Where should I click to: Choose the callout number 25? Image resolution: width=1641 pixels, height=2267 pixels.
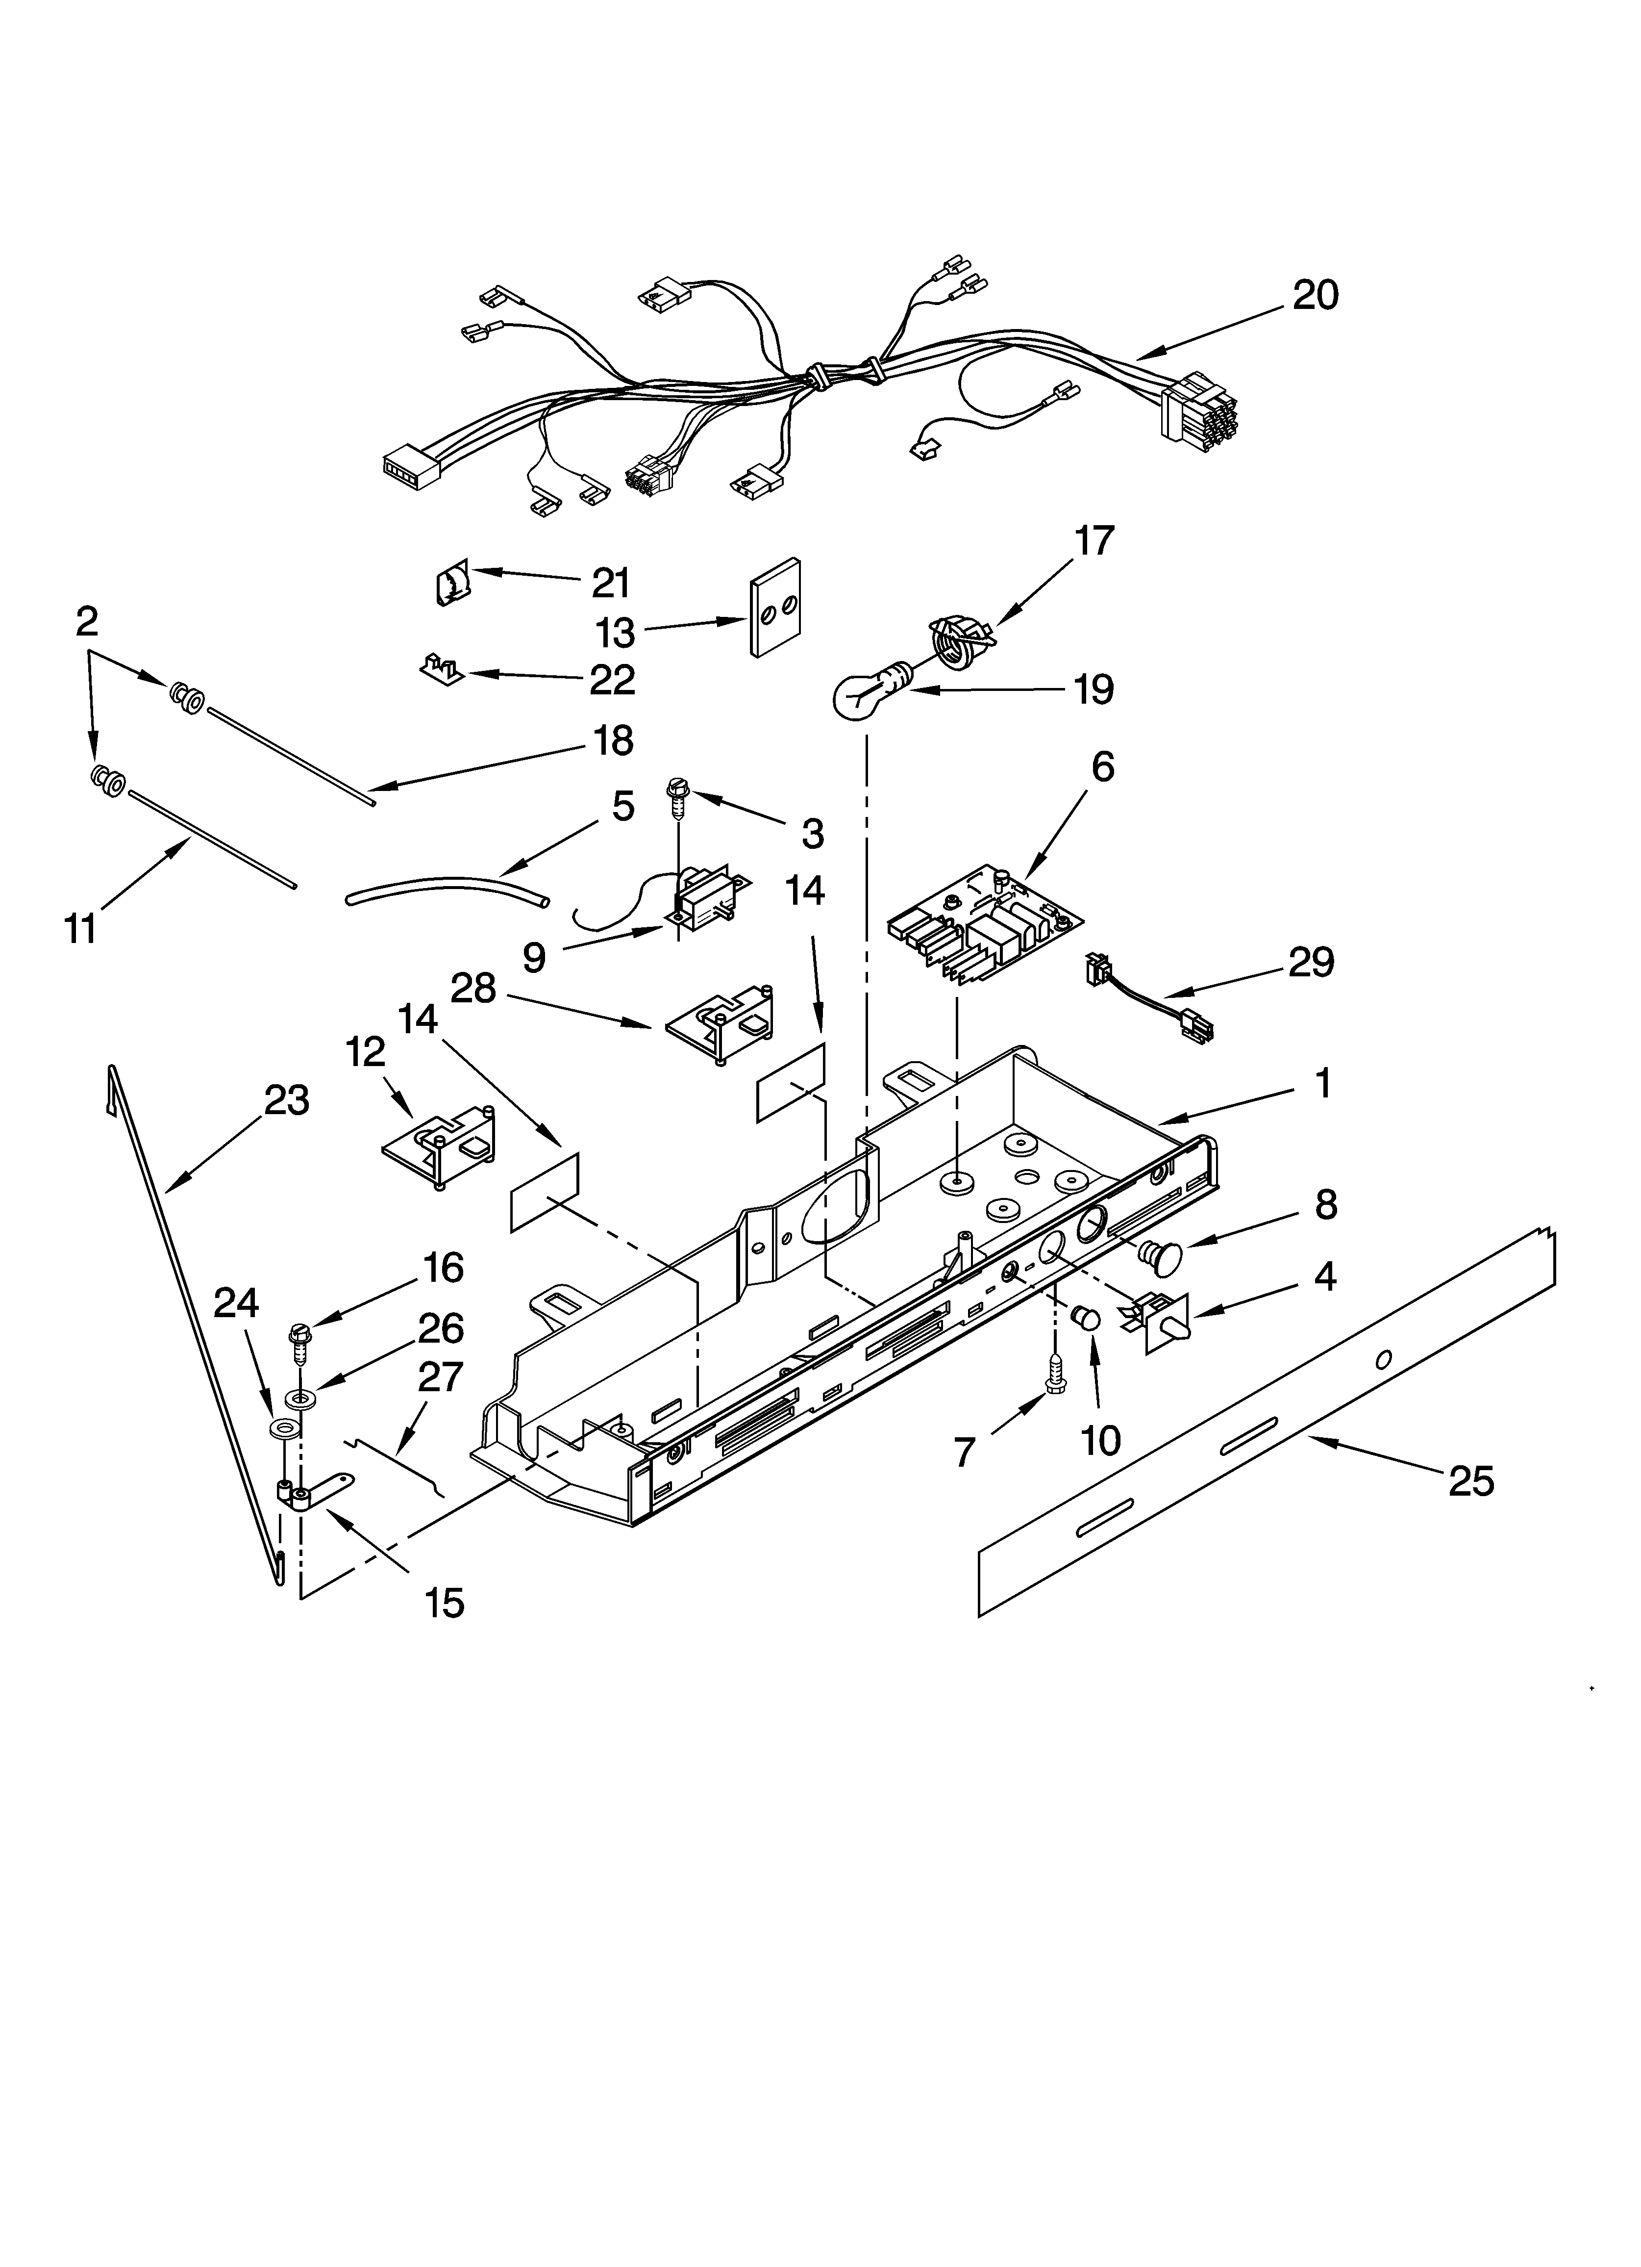pos(1471,1481)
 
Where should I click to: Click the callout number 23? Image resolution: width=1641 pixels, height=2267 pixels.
pos(287,1100)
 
